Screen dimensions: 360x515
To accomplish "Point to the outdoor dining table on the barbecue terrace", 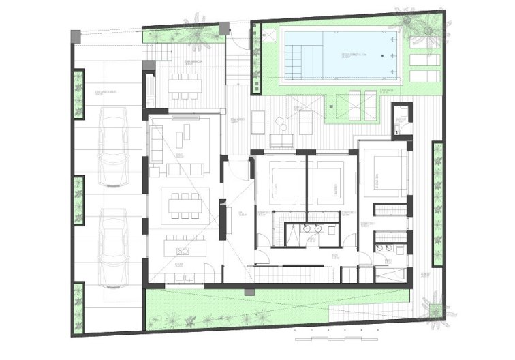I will (186, 85).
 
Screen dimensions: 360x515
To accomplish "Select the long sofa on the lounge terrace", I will (281, 141).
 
